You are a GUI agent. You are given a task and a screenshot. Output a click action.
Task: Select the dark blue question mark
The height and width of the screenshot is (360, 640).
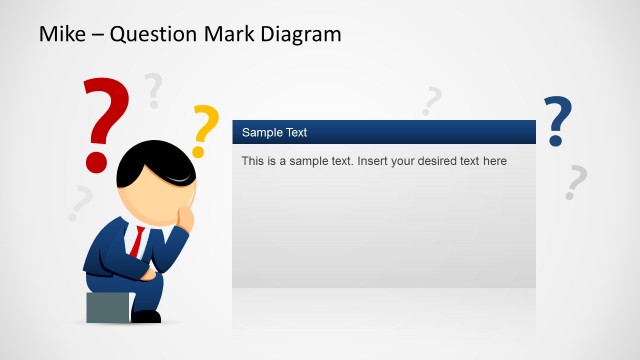click(x=558, y=120)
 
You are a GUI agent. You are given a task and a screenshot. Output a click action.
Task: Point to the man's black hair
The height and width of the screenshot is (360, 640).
click(x=150, y=163)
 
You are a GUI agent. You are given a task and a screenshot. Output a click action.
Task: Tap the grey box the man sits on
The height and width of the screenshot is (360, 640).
click(x=106, y=308)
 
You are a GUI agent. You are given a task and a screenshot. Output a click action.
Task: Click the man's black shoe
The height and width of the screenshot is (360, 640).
click(x=146, y=316)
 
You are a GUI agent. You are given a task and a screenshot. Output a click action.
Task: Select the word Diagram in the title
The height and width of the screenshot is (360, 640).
click(x=300, y=34)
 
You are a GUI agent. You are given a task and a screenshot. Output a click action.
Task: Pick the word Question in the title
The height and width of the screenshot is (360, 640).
click(x=153, y=34)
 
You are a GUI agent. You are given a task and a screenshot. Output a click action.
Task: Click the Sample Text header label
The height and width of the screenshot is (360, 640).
click(x=274, y=132)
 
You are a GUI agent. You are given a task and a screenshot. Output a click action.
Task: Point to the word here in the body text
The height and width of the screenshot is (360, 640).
click(x=494, y=161)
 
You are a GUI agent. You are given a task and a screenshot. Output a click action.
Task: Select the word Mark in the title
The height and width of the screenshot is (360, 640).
click(x=228, y=34)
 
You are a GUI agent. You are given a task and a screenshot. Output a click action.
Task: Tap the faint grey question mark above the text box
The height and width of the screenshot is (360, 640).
click(x=432, y=100)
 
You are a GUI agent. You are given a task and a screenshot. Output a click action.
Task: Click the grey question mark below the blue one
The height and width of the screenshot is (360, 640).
click(x=575, y=182)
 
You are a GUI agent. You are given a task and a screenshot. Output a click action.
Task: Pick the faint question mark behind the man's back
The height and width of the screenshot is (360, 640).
click(x=79, y=203)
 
